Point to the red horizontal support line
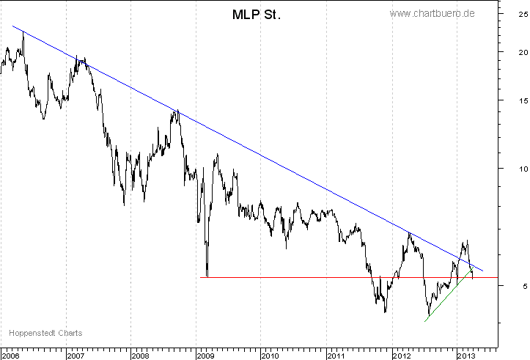[x=308, y=277]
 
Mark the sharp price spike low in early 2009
[x=207, y=273]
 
